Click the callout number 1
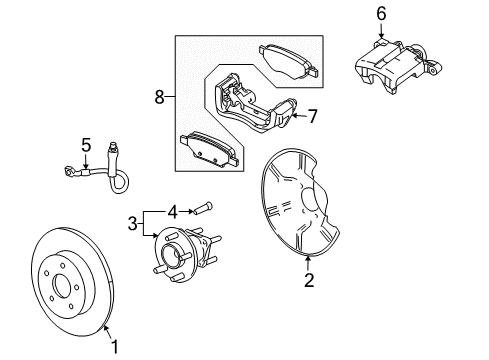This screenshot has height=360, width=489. point(115,347)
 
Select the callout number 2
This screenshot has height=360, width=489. point(309,281)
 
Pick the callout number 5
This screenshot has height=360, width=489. point(86,144)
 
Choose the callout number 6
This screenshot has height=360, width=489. point(380,13)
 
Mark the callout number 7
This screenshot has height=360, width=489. point(312,117)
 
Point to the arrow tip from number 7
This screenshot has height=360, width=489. point(291,117)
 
